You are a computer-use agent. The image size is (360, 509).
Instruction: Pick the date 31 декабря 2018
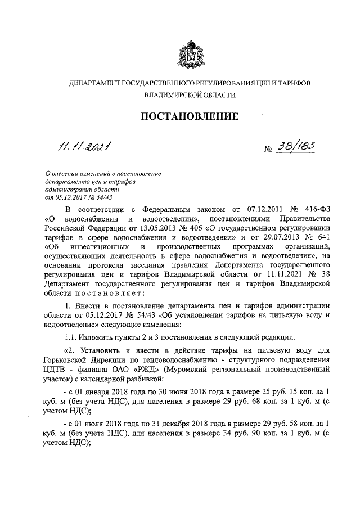[x=183, y=421]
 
